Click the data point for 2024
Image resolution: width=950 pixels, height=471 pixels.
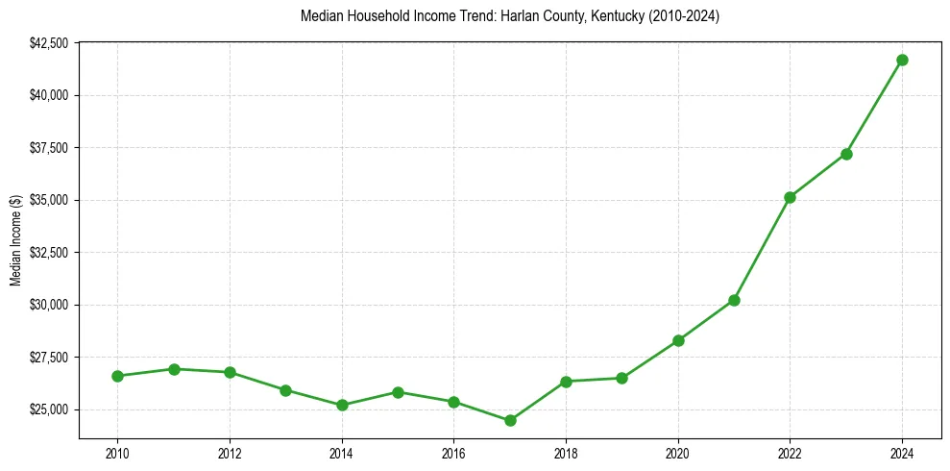coord(902,60)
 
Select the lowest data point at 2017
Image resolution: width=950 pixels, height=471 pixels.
coord(510,420)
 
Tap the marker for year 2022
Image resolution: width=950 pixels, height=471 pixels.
coord(790,197)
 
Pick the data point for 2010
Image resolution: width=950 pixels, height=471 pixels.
coord(117,376)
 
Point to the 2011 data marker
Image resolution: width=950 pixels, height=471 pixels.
coord(174,369)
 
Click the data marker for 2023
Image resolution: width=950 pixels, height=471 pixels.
coord(846,154)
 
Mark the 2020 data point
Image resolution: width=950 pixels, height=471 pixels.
coord(678,340)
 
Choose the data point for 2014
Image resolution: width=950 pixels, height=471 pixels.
coord(342,405)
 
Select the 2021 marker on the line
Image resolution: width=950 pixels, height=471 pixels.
coord(734,300)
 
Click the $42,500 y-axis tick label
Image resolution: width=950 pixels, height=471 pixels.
coord(48,43)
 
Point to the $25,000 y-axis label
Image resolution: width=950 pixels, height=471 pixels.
coord(48,409)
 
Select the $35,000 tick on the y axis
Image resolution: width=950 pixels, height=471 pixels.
coord(48,200)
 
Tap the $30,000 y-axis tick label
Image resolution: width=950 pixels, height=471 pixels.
coord(48,305)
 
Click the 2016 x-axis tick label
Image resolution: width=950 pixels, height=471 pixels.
coord(453,453)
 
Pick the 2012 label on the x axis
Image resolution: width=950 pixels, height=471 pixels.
coord(230,453)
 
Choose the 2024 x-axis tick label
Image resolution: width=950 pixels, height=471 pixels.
coord(902,453)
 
